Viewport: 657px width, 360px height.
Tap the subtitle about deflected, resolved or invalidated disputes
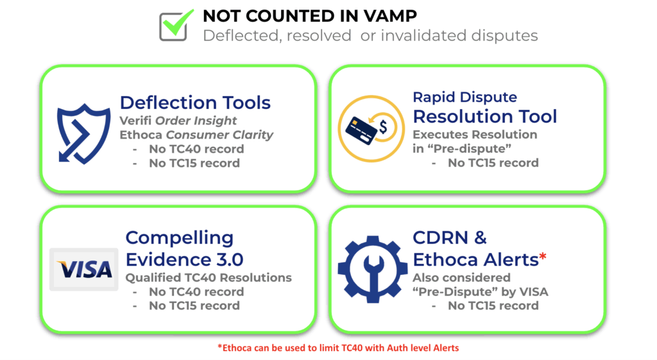tap(370, 35)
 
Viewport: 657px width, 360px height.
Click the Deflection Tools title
tap(195, 103)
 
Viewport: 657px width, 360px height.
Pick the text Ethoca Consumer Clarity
tap(196, 135)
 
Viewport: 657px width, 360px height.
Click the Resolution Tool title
tap(484, 116)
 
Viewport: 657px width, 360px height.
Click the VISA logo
tap(84, 269)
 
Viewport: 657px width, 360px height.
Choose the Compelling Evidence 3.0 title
tap(184, 248)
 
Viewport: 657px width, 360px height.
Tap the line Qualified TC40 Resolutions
tap(209, 278)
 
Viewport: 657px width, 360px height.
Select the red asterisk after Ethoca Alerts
tap(543, 258)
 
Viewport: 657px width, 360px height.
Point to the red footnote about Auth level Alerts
tap(337, 348)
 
